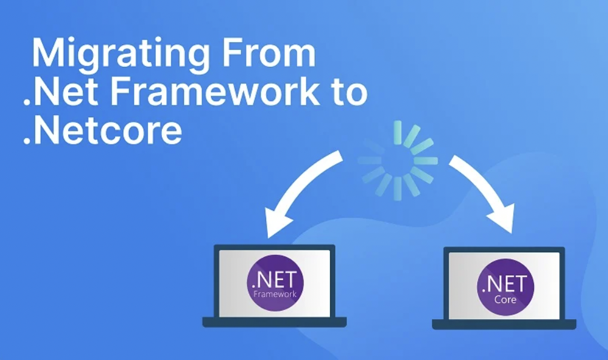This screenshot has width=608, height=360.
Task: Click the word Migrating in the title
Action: point(121,55)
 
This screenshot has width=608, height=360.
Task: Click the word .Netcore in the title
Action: point(102,130)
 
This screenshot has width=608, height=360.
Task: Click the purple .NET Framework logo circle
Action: point(275,283)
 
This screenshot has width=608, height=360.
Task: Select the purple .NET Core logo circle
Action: point(505,287)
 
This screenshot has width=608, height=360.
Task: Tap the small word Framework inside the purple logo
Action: point(275,294)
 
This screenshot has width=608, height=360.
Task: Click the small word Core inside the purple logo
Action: point(505,299)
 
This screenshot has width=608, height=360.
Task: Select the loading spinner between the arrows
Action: point(397,161)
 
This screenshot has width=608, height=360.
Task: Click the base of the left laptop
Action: point(275,322)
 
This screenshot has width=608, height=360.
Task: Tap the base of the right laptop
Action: point(504,324)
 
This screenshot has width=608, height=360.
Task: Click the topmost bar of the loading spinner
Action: point(397,132)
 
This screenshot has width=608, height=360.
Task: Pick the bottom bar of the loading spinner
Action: point(397,189)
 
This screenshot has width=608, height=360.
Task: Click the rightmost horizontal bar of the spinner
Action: point(426,161)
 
